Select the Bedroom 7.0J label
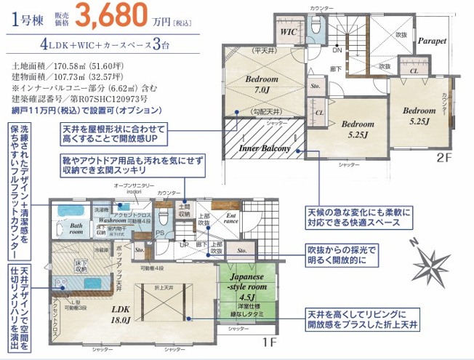pyautogui.click(x=257, y=84)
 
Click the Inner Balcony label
pyautogui.click(x=265, y=148)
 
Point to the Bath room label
pyautogui.click(x=76, y=230)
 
